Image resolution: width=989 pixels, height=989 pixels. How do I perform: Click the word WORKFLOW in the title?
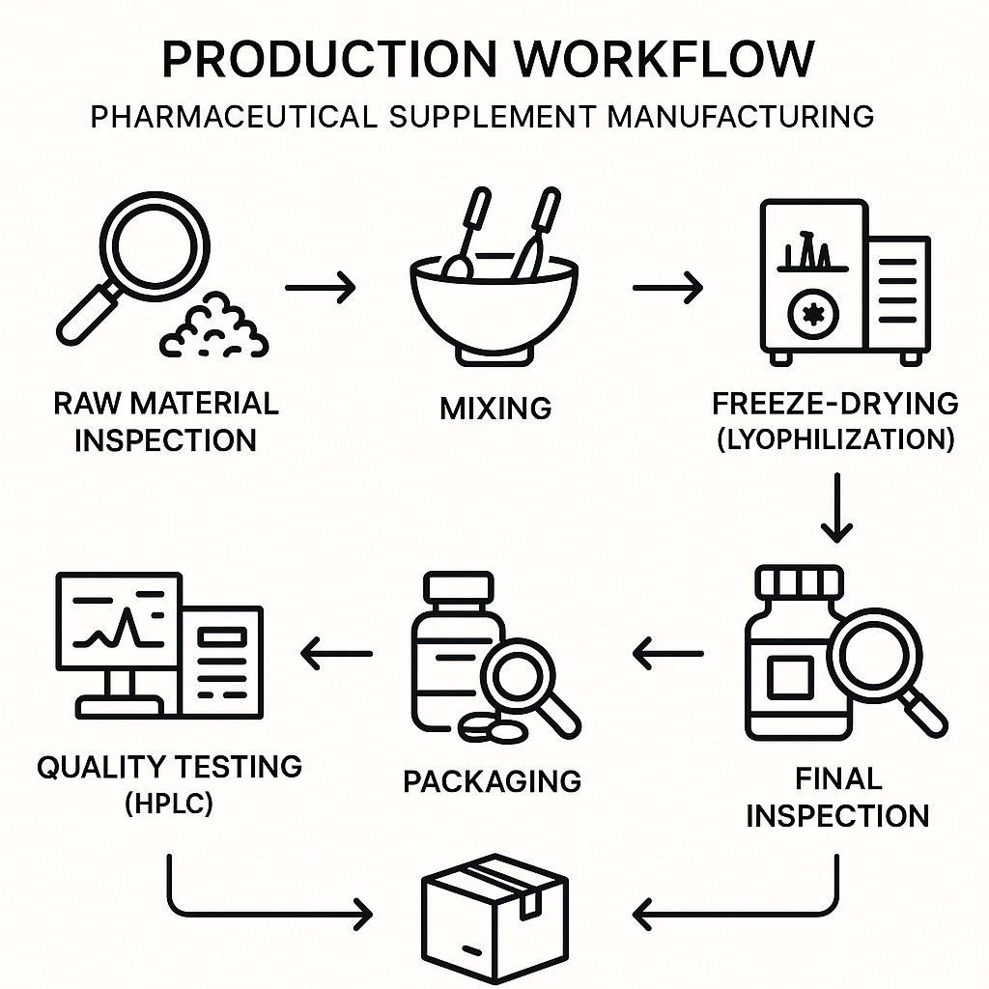[x=664, y=59]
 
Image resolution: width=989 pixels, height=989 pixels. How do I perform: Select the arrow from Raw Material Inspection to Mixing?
[x=321, y=287]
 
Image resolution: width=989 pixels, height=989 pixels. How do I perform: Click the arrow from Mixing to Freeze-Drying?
[x=667, y=287]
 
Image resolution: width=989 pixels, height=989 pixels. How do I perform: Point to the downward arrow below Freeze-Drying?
[x=836, y=507]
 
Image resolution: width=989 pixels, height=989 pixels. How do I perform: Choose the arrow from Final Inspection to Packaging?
[x=668, y=654]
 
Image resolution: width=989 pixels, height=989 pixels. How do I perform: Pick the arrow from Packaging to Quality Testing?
[x=337, y=654]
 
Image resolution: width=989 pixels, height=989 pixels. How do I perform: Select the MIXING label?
[x=495, y=408]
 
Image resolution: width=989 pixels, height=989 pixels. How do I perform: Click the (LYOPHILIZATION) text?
[x=836, y=439]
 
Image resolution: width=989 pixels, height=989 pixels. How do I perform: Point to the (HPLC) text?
[x=169, y=803]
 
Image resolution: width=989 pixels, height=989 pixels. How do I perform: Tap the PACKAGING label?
[x=493, y=780]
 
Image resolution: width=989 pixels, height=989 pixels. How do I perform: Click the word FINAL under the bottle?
[x=838, y=778]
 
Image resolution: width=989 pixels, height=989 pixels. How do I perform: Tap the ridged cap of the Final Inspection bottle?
[x=798, y=582]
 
